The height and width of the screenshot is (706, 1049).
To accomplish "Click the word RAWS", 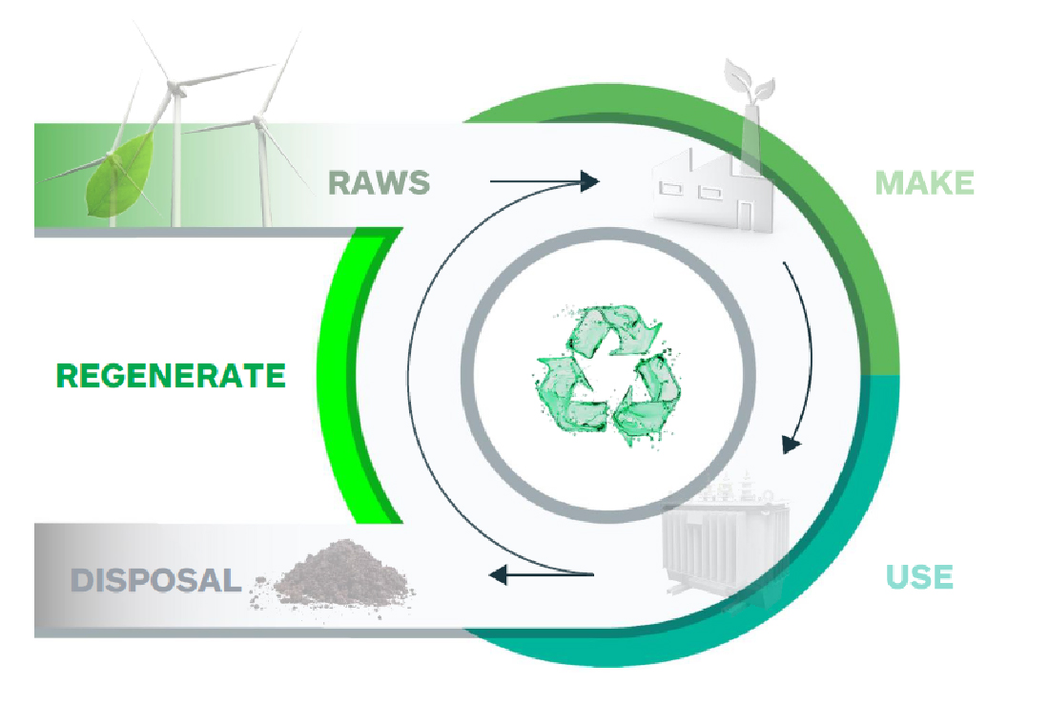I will click(379, 181).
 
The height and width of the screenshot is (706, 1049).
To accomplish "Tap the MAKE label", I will click(924, 182).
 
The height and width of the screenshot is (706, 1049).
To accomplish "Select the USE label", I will click(919, 576).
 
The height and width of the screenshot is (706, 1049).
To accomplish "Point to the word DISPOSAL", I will click(155, 580).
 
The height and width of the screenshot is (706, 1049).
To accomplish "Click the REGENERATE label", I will click(171, 375).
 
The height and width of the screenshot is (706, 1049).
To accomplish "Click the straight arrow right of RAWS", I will click(544, 180).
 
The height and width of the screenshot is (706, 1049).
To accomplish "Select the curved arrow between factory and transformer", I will click(802, 353).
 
